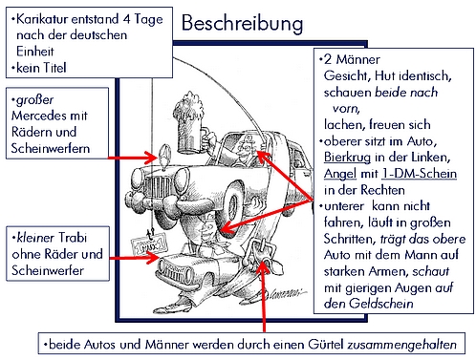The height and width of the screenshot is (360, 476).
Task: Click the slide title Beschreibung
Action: pos(242,24)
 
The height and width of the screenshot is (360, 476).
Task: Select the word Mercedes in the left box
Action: pos(39,116)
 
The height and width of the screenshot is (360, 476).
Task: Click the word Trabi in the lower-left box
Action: pos(73,238)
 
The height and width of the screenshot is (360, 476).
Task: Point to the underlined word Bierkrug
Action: pos(347,158)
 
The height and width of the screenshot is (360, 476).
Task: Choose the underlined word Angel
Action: pos(340,174)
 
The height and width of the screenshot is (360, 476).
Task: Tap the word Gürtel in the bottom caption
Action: pos(326,345)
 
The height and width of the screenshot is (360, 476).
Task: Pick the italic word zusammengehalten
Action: pos(401,345)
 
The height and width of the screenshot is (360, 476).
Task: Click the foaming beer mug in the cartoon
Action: pos(189,123)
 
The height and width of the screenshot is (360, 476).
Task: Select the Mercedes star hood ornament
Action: pos(164,156)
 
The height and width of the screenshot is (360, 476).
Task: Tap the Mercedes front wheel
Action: pos(233,203)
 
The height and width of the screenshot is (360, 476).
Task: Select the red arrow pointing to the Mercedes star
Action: pos(132,158)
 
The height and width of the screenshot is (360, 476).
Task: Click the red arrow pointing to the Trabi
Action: pos(135,258)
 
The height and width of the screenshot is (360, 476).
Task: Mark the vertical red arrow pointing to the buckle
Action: pos(264,297)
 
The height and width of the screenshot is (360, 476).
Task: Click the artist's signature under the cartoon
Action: pos(280,293)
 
